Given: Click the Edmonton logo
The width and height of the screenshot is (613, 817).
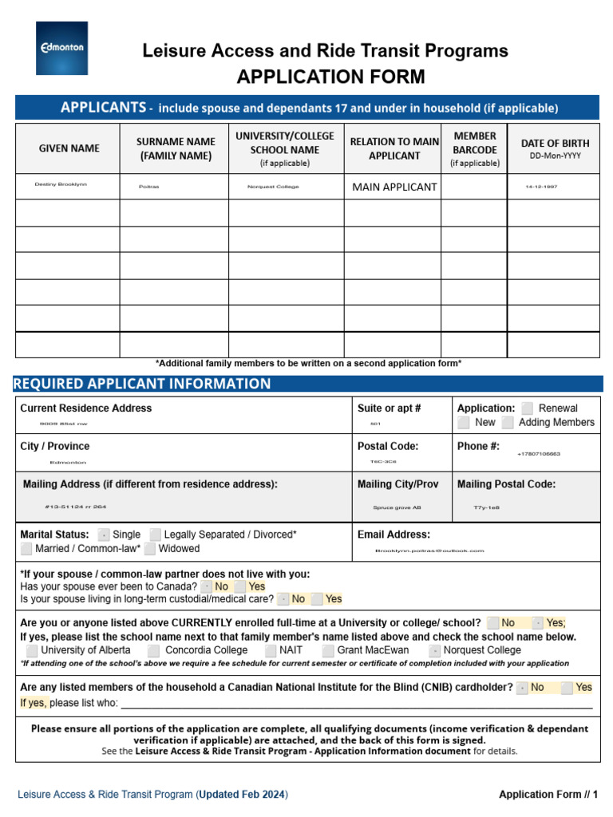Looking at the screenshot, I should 61,48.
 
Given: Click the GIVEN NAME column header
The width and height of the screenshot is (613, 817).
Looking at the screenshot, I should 69,148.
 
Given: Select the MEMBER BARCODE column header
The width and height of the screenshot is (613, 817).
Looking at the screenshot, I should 475,148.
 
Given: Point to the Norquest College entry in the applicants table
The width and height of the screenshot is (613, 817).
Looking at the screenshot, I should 273,187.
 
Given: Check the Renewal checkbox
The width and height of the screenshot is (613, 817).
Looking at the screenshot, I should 528,408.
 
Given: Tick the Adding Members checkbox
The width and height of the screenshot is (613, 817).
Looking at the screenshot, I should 508,422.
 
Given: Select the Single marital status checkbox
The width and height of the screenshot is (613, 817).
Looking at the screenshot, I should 104,535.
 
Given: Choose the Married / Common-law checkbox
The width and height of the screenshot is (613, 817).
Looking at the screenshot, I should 27,549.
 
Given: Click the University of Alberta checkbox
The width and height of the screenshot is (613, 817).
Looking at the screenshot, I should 32,650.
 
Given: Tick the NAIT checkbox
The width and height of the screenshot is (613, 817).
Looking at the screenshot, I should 271,650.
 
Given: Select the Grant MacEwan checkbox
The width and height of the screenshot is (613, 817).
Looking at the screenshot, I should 328,650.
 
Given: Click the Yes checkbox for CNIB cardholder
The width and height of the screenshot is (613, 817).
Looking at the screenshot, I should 567,687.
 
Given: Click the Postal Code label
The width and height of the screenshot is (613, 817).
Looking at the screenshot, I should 387,446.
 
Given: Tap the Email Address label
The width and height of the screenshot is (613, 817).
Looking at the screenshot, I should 394,535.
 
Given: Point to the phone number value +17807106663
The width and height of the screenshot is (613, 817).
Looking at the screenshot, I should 539,454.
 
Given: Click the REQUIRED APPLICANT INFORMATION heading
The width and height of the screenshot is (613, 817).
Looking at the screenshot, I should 142,384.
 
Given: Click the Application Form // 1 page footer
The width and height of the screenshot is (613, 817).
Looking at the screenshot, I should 548,794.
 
